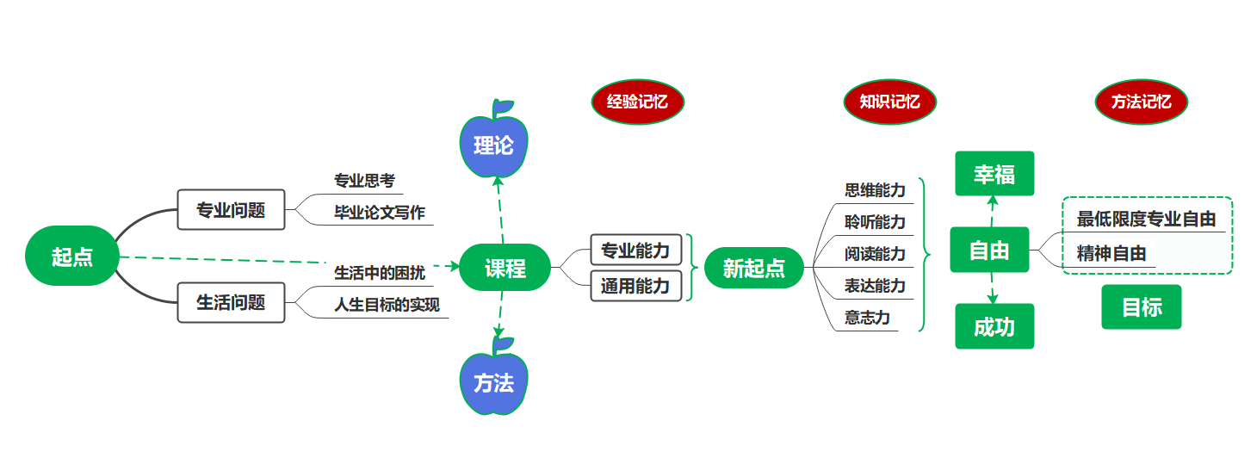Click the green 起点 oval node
pyautogui.click(x=71, y=256)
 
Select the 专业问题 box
pyautogui.click(x=231, y=209)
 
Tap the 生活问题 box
pyautogui.click(x=231, y=302)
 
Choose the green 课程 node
pyautogui.click(x=505, y=268)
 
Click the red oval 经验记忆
pyautogui.click(x=637, y=102)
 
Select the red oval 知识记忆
pyautogui.click(x=889, y=102)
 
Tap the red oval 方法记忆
pyautogui.click(x=1141, y=102)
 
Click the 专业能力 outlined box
pyautogui.click(x=635, y=251)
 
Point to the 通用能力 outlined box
pyautogui.click(x=635, y=286)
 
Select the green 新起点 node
pyautogui.click(x=753, y=268)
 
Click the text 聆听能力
pyautogui.click(x=875, y=222)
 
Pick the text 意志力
pyautogui.click(x=867, y=318)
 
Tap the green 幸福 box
pyautogui.click(x=994, y=174)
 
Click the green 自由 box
pyautogui.click(x=989, y=250)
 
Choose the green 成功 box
pyautogui.click(x=994, y=326)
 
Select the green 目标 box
pyautogui.click(x=1142, y=307)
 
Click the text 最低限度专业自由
pyautogui.click(x=1146, y=219)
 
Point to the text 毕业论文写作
pyautogui.click(x=380, y=213)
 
